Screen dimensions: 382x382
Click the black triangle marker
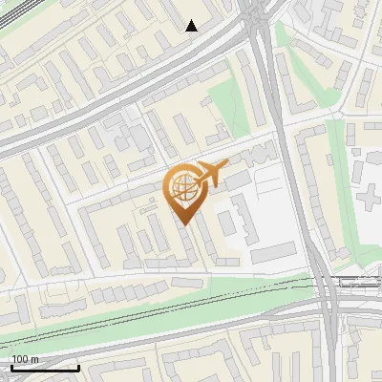coord(191,26)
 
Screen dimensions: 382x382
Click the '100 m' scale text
coord(26,359)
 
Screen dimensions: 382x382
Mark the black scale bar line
coord(45,368)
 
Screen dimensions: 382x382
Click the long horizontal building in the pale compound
coord(274,252)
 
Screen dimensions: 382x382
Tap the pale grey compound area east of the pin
coord(272,215)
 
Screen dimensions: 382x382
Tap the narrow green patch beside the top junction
coord(282,38)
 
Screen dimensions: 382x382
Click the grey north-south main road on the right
coord(291,172)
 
